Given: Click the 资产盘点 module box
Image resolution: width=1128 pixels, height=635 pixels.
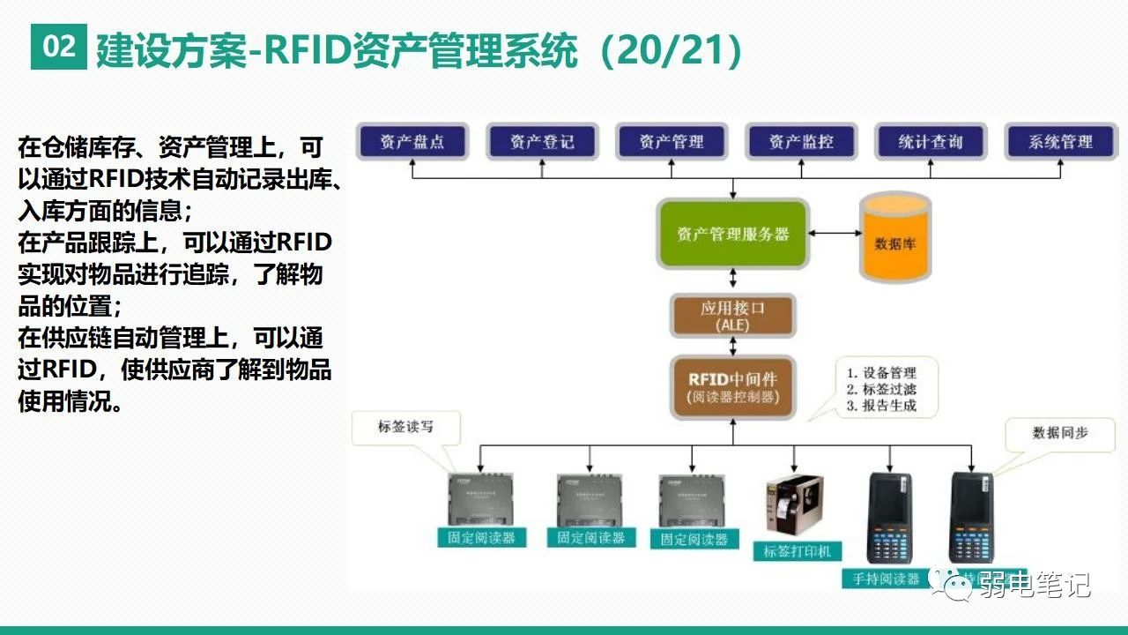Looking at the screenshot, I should pos(412,142).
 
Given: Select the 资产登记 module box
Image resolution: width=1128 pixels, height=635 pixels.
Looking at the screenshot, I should pos(542,142).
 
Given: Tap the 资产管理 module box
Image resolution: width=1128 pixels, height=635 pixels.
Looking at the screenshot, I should pos(672,142).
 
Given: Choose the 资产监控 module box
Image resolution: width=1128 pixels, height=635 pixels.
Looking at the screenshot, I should pos(801,142).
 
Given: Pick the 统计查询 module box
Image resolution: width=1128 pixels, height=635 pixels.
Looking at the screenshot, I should pos(931,142).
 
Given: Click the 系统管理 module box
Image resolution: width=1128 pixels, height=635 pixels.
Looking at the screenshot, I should pos(1060,142).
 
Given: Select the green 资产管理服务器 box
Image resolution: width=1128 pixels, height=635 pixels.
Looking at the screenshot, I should pos(733,235).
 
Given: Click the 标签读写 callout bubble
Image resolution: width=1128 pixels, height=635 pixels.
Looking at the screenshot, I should pos(405,428).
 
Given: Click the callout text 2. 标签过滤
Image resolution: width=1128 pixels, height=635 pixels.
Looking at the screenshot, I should pos(881,389).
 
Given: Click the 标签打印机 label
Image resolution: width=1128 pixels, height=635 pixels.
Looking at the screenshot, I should pos(798,552).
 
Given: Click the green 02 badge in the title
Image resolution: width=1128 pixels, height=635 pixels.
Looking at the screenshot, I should pos(59,47).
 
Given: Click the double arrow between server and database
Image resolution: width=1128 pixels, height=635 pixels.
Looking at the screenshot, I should pos(836,234).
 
